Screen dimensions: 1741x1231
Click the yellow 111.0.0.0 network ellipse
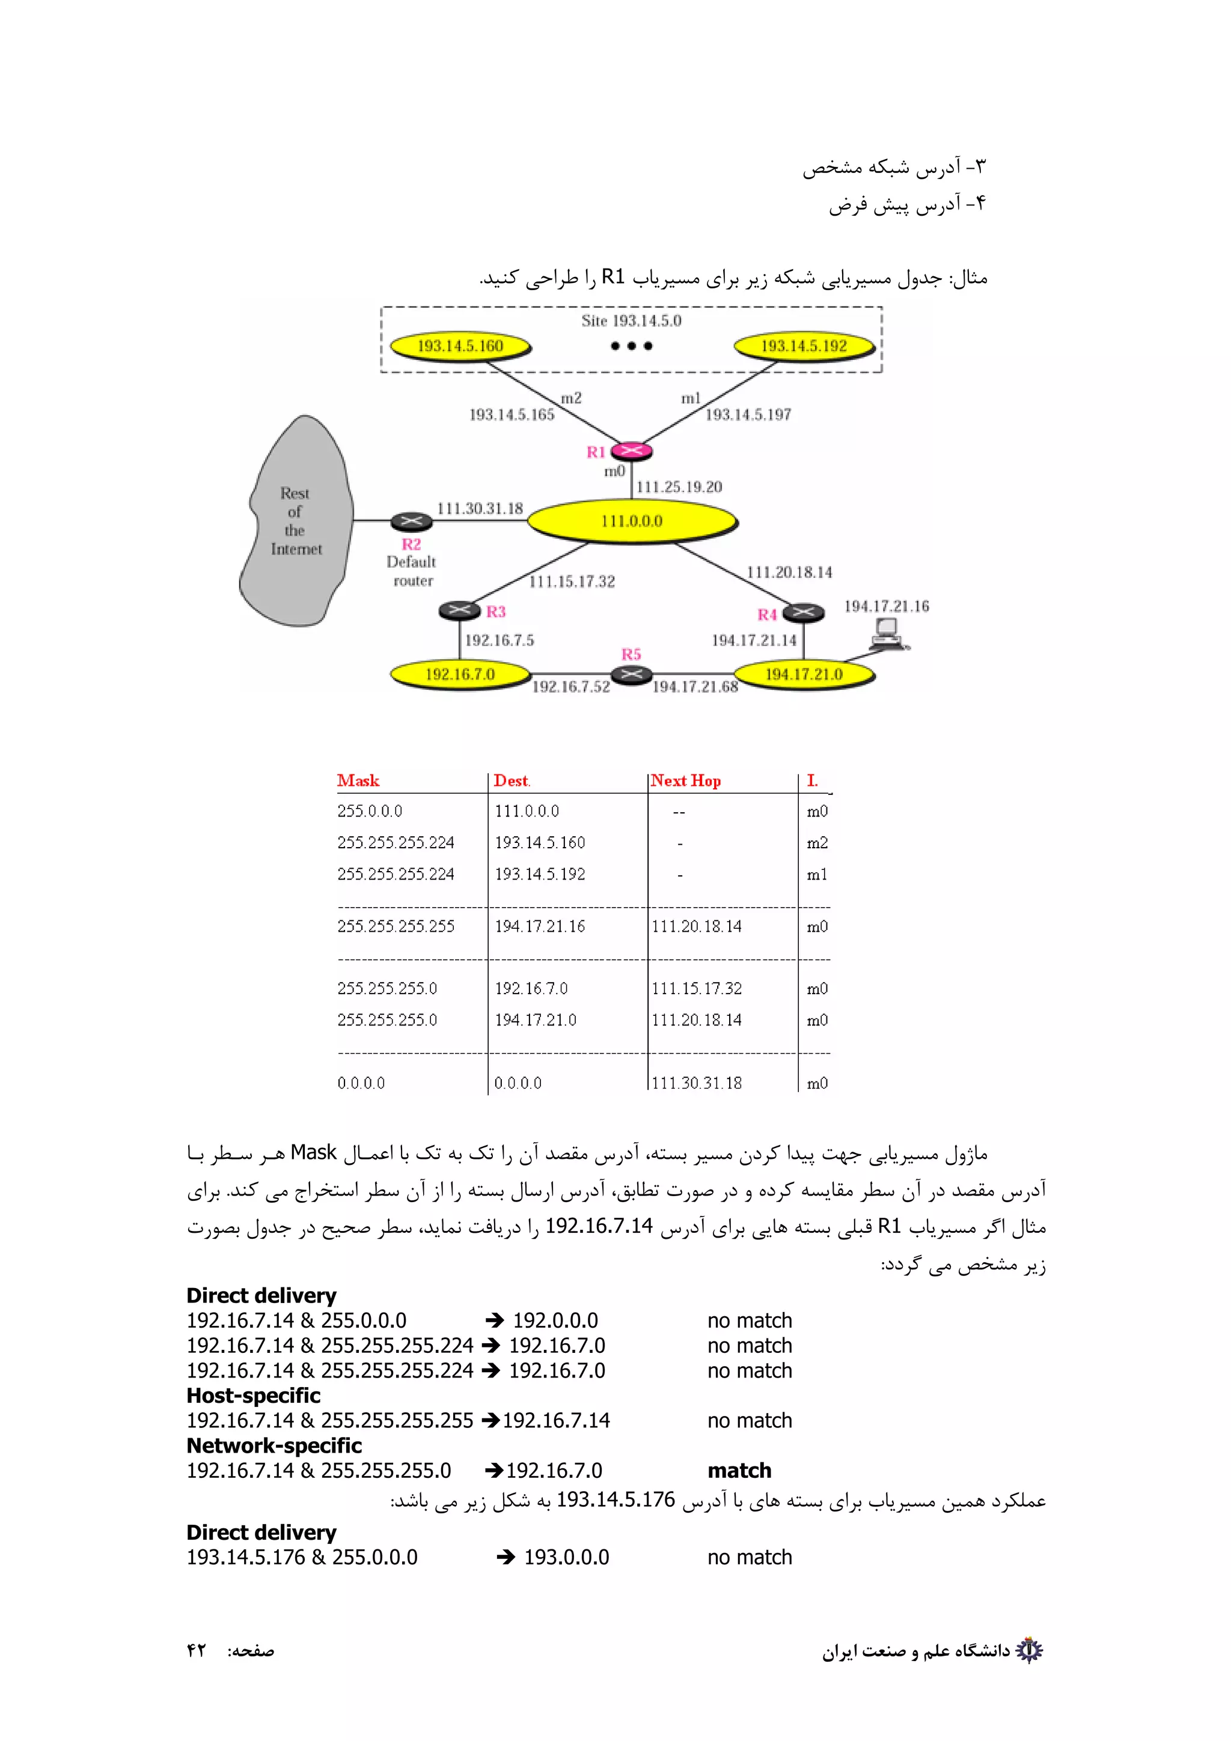(631, 521)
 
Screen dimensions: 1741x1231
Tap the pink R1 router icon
(631, 451)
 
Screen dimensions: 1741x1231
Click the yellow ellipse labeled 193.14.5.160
(460, 347)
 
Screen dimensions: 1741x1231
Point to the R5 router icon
(631, 674)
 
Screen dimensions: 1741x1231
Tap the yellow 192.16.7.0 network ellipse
(460, 674)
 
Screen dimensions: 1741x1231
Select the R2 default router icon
(411, 521)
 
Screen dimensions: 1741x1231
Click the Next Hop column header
(686, 780)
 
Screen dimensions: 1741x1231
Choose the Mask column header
(358, 780)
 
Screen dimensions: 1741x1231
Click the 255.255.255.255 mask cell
(396, 926)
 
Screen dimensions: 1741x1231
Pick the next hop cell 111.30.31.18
(696, 1083)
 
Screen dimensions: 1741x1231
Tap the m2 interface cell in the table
(817, 842)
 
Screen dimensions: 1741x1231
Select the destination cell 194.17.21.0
(536, 1020)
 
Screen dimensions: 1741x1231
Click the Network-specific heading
(274, 1445)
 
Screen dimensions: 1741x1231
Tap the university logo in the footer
(1029, 1650)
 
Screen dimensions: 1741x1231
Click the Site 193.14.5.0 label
(631, 321)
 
